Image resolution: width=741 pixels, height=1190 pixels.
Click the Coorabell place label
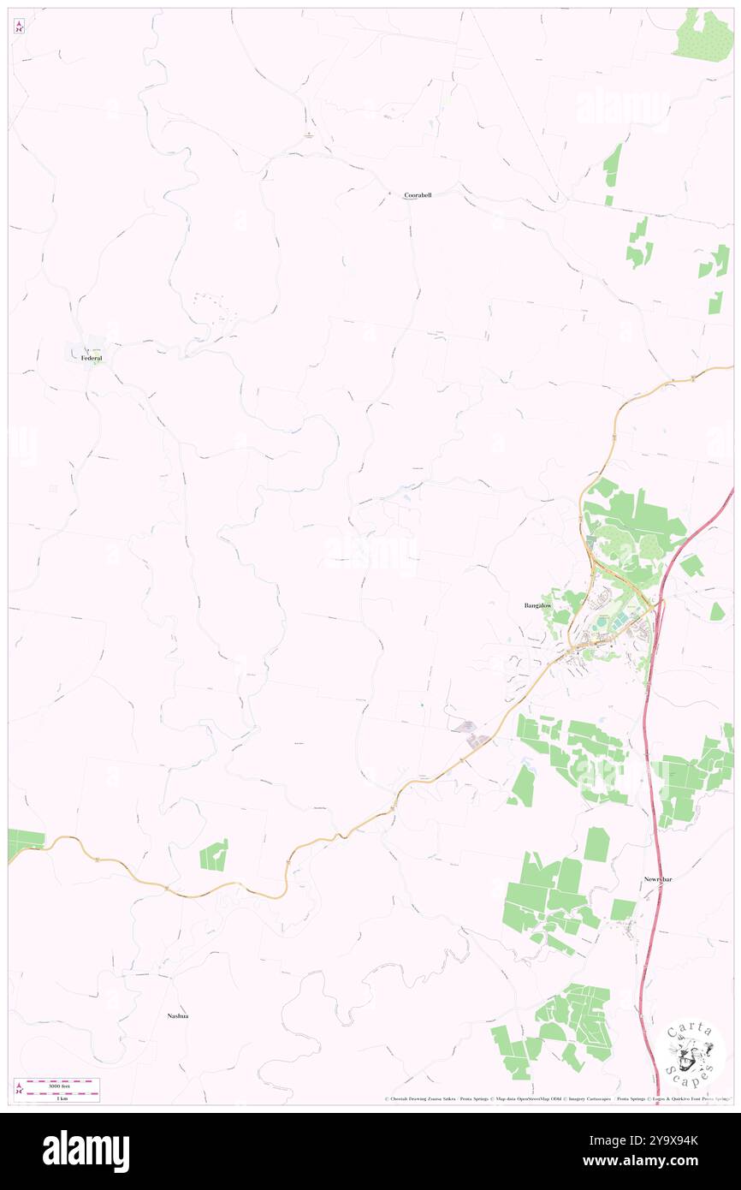coord(418,195)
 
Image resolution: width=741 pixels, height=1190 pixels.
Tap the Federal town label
coord(92,359)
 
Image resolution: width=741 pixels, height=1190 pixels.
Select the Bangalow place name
coord(538,605)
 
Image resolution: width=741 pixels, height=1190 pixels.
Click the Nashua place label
coord(178,1016)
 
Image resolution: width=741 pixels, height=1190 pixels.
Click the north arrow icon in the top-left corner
coord(19,27)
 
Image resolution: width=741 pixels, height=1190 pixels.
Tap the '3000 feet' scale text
coord(62,1084)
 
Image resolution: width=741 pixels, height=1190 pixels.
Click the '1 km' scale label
coord(62,1098)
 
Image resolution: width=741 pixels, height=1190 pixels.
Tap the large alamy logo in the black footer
coord(86,1151)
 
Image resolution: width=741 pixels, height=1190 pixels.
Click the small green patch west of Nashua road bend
coord(214,854)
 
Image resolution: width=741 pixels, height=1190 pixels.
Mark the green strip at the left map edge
coord(25,842)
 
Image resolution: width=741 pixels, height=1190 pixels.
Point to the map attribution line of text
coord(556,1099)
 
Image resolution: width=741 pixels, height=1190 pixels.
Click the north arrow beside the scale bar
coord(19,1089)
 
